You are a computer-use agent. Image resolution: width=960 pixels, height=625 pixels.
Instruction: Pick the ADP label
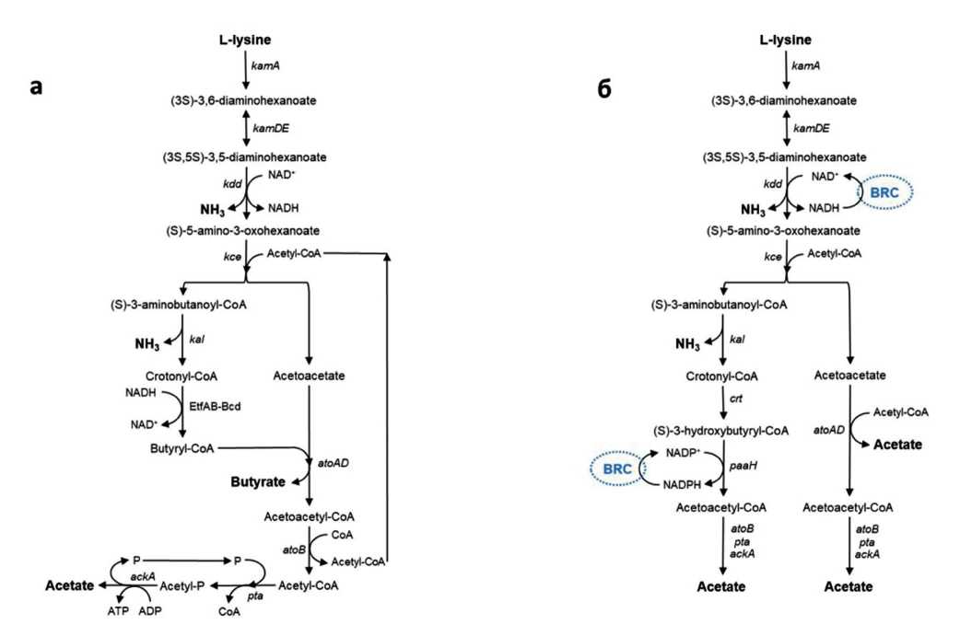pyautogui.click(x=149, y=608)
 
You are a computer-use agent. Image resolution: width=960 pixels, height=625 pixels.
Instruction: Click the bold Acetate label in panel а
pyautogui.click(x=69, y=585)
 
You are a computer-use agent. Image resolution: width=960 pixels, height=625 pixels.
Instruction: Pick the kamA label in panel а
pyautogui.click(x=264, y=68)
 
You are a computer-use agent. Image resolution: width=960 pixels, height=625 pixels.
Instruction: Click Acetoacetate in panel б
pyautogui.click(x=850, y=375)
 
